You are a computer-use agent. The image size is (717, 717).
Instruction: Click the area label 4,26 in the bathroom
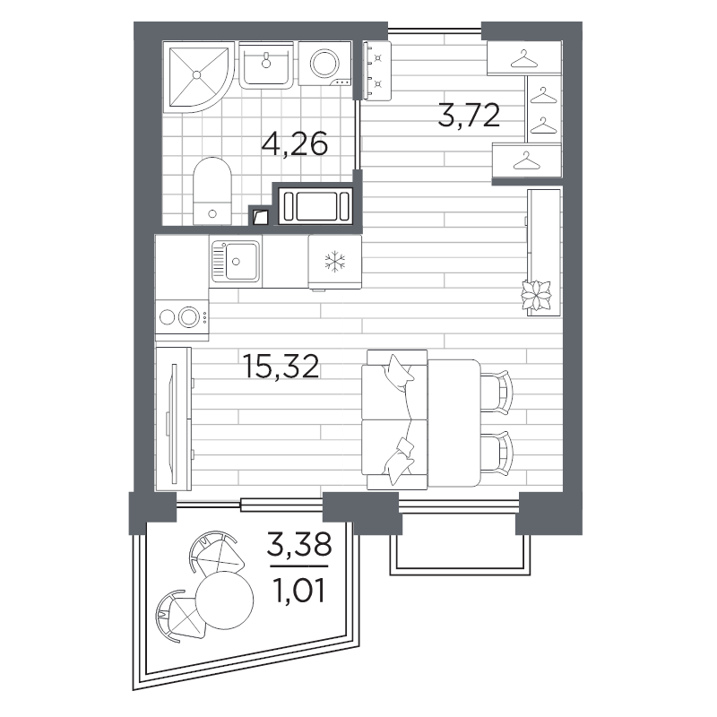(x=295, y=143)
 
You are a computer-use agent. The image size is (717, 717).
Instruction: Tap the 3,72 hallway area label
(x=469, y=115)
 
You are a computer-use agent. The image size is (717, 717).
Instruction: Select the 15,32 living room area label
(x=281, y=367)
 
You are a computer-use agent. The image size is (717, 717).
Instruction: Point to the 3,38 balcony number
(x=299, y=544)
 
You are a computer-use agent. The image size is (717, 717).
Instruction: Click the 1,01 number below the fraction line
(x=298, y=591)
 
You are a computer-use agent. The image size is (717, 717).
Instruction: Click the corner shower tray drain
(x=196, y=74)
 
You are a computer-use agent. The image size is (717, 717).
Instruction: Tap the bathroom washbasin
(x=265, y=65)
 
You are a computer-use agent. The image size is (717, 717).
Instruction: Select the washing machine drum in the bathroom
(x=324, y=63)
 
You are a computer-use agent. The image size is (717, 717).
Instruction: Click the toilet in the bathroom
(x=212, y=191)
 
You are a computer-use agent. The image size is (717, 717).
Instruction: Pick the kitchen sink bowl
(x=241, y=261)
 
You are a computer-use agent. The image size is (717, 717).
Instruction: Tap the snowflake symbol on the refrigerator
(x=335, y=262)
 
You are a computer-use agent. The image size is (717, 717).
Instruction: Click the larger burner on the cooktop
(x=189, y=317)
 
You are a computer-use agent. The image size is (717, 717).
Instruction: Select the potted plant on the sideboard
(x=537, y=296)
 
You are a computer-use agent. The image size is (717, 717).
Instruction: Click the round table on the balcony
(x=224, y=600)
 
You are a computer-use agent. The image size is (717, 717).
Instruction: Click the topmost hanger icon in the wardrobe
(x=524, y=58)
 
